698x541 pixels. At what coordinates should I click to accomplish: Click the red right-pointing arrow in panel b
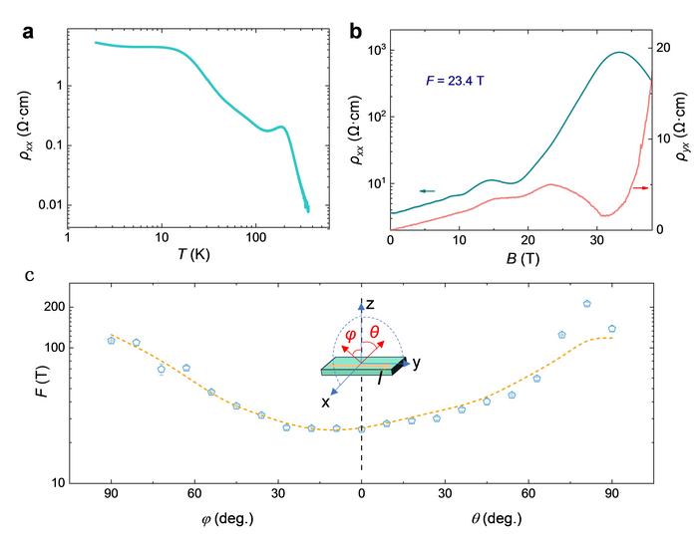(x=643, y=186)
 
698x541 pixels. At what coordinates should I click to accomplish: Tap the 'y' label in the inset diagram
(x=416, y=363)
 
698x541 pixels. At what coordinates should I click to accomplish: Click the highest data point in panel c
(x=587, y=304)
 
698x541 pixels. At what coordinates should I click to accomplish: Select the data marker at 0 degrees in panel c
(x=361, y=428)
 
